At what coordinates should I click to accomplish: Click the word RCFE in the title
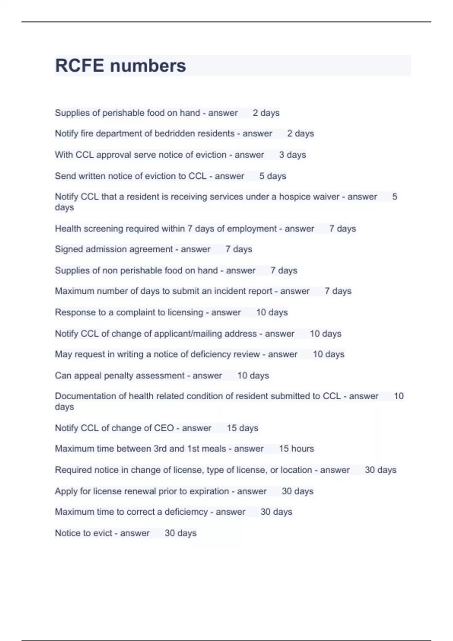point(79,66)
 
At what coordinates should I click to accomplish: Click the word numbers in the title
point(148,66)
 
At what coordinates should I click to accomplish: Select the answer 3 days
point(292,155)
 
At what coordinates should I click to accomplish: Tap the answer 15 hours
point(296,449)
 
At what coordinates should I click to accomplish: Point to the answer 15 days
point(242,428)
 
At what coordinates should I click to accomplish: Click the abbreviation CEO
point(164,428)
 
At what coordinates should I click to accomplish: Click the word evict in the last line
point(103,533)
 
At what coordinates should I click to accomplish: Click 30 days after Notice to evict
point(180,533)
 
